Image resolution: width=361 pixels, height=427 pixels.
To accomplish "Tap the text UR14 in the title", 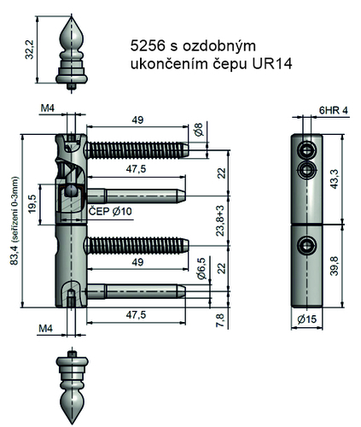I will coord(270,65).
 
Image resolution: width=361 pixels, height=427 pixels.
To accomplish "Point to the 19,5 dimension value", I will coord(32,207).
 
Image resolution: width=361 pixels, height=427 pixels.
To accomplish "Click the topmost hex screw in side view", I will coord(306,150).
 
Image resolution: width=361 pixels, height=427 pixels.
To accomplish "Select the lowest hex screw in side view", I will coord(306,247).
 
